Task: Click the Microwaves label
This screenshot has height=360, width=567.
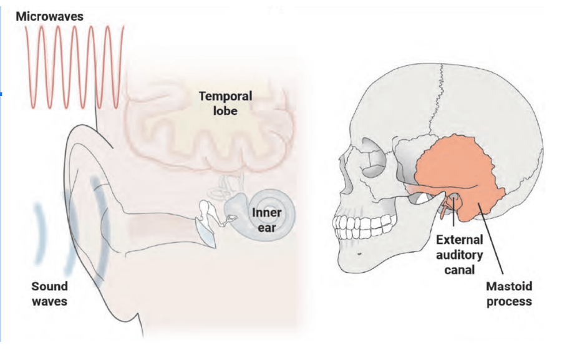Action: (49, 17)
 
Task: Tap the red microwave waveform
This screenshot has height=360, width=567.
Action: (74, 62)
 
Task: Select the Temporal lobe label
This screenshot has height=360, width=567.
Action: (225, 104)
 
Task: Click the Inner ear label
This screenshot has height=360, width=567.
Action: (266, 220)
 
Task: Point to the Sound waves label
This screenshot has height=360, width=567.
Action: (49, 294)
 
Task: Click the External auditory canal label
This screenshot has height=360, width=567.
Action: (459, 255)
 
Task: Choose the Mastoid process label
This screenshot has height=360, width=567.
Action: (509, 294)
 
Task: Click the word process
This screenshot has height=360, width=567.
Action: (509, 301)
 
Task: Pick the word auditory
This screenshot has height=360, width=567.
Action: (459, 255)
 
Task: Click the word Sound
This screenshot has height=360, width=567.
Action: (49, 286)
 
